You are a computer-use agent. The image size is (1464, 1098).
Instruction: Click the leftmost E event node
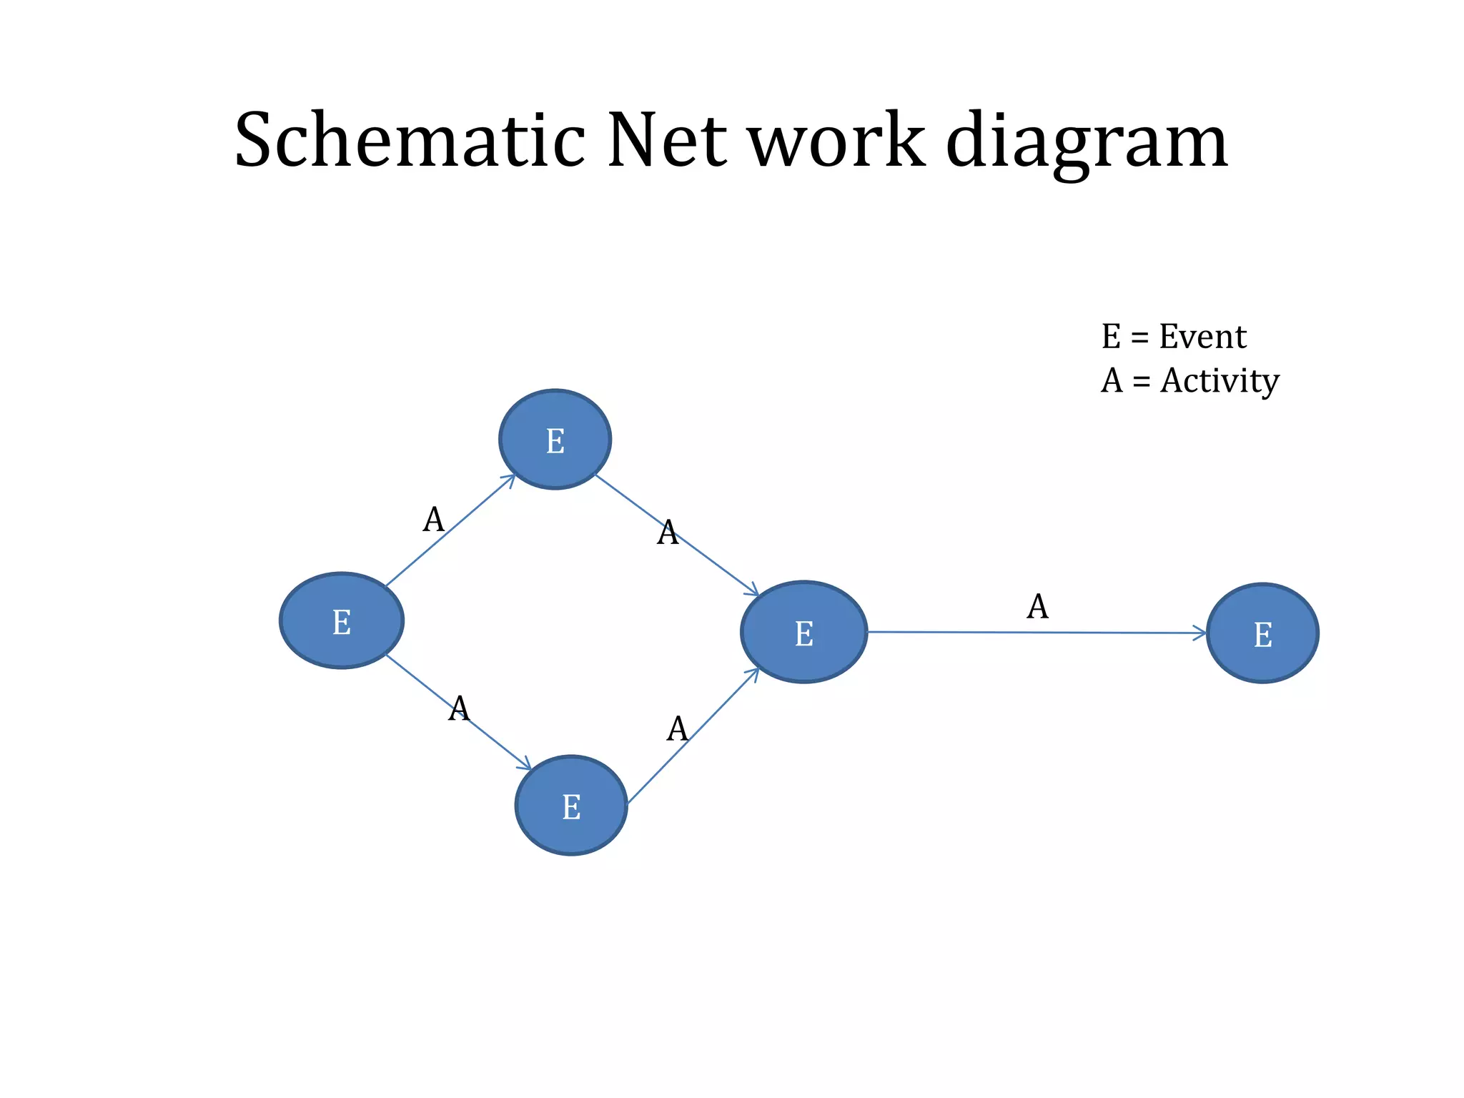point(342,620)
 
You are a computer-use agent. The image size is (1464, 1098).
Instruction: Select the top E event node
point(555,440)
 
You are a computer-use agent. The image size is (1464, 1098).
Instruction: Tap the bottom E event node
point(571,806)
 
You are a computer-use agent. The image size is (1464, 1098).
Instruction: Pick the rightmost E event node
point(1262,633)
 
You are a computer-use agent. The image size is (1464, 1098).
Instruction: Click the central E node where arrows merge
point(804,632)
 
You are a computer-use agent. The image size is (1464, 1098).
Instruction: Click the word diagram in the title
point(1087,142)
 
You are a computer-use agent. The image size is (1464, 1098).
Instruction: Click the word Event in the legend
point(1202,337)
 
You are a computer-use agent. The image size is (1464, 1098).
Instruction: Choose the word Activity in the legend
point(1220,381)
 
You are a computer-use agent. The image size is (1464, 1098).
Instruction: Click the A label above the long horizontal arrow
point(1037,607)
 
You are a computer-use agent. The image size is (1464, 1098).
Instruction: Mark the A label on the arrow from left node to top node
point(433,520)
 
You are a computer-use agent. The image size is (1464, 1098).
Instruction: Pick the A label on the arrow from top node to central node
point(667,533)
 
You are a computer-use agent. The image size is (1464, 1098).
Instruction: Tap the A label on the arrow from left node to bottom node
point(458,708)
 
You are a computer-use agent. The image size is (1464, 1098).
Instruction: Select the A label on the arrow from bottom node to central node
point(677,729)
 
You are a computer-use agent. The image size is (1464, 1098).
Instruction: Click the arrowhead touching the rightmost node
point(1201,633)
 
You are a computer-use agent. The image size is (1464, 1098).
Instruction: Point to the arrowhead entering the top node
point(509,478)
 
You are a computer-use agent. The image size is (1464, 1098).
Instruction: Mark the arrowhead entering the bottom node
point(525,765)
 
